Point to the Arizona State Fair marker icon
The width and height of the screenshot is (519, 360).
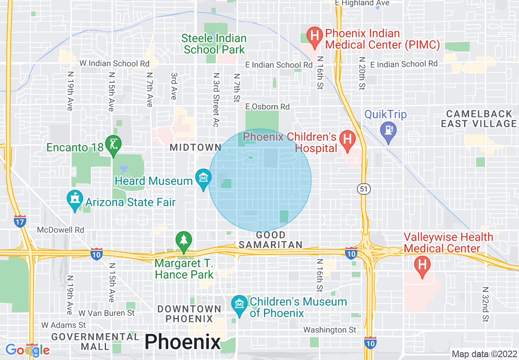[x=74, y=200]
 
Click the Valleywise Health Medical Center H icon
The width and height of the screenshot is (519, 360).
[x=422, y=265]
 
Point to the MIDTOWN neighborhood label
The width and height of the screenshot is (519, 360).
[x=190, y=147]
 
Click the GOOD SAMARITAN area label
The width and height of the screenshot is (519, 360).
[x=271, y=240]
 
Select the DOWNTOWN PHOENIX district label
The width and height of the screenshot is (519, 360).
[x=189, y=313]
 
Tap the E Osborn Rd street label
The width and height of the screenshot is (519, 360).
[x=267, y=107]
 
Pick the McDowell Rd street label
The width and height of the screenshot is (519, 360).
[x=61, y=230]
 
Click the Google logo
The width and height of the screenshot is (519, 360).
[x=27, y=350]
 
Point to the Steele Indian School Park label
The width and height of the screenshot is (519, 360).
[x=214, y=44]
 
